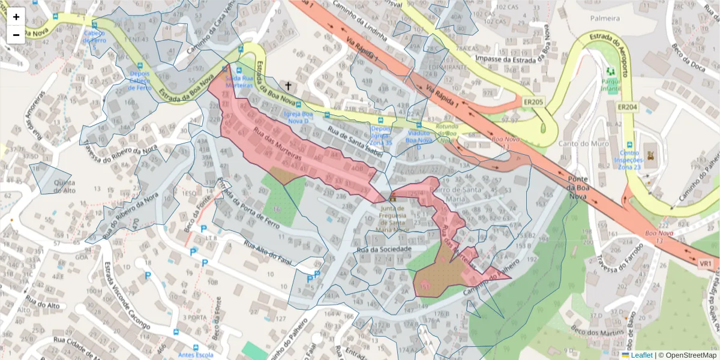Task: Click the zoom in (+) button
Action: pyautogui.click(x=16, y=17)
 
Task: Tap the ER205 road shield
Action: pyautogui.click(x=532, y=103)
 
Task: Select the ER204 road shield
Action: pyautogui.click(x=627, y=107)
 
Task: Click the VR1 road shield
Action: pyautogui.click(x=706, y=263)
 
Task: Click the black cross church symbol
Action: pyautogui.click(x=289, y=87)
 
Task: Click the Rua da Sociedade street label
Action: pyautogui.click(x=384, y=248)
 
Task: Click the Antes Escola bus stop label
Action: pyautogui.click(x=195, y=355)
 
